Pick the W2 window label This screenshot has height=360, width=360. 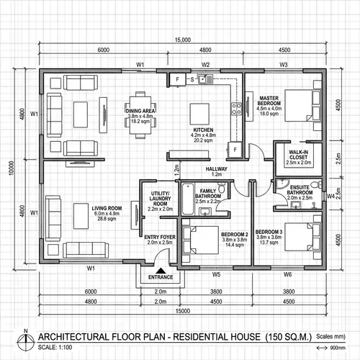tap(205, 65)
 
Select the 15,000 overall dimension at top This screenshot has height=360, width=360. tap(181, 41)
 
